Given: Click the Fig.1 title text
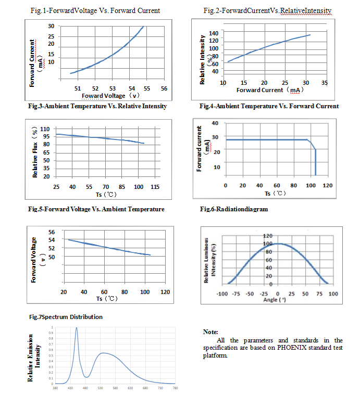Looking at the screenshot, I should pyautogui.click(x=95, y=10).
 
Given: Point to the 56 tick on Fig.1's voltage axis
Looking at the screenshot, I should pyautogui.click(x=164, y=89).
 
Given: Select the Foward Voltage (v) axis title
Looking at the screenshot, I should pyautogui.click(x=110, y=96).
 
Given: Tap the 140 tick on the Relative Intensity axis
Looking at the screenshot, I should pyautogui.click(x=213, y=33).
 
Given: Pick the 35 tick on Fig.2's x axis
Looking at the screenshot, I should pyautogui.click(x=324, y=83).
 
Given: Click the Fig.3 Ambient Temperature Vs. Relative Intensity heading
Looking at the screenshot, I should pyautogui.click(x=97, y=106).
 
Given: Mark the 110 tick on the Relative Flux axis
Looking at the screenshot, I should pyautogui.click(x=45, y=129).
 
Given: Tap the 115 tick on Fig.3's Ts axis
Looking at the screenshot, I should pyautogui.click(x=155, y=186).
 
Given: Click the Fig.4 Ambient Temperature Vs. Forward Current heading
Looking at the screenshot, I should pyautogui.click(x=269, y=106).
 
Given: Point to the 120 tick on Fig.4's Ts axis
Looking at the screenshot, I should pyautogui.click(x=328, y=185).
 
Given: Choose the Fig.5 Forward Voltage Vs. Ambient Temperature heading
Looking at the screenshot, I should pyautogui.click(x=96, y=209).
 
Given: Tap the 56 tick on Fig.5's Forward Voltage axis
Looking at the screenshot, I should pyautogui.click(x=51, y=232).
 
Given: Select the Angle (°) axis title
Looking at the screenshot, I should pyautogui.click(x=275, y=300).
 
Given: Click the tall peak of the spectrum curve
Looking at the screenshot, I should pyautogui.click(x=77, y=328).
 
